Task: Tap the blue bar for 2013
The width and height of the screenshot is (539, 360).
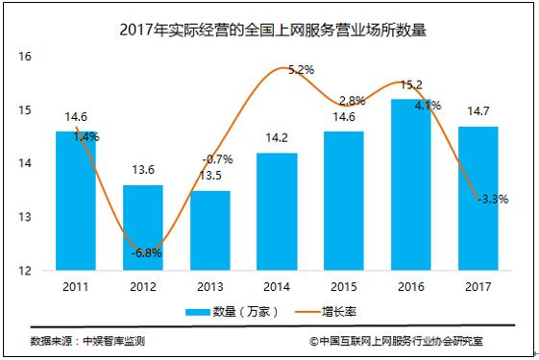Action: click(210, 230)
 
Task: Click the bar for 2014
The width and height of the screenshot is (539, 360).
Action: click(278, 212)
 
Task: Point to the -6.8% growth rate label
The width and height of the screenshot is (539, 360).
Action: click(148, 253)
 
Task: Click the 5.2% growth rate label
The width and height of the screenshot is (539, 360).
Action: click(301, 70)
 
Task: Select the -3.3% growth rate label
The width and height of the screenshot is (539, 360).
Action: click(491, 200)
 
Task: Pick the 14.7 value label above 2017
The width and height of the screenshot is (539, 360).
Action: click(477, 112)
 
